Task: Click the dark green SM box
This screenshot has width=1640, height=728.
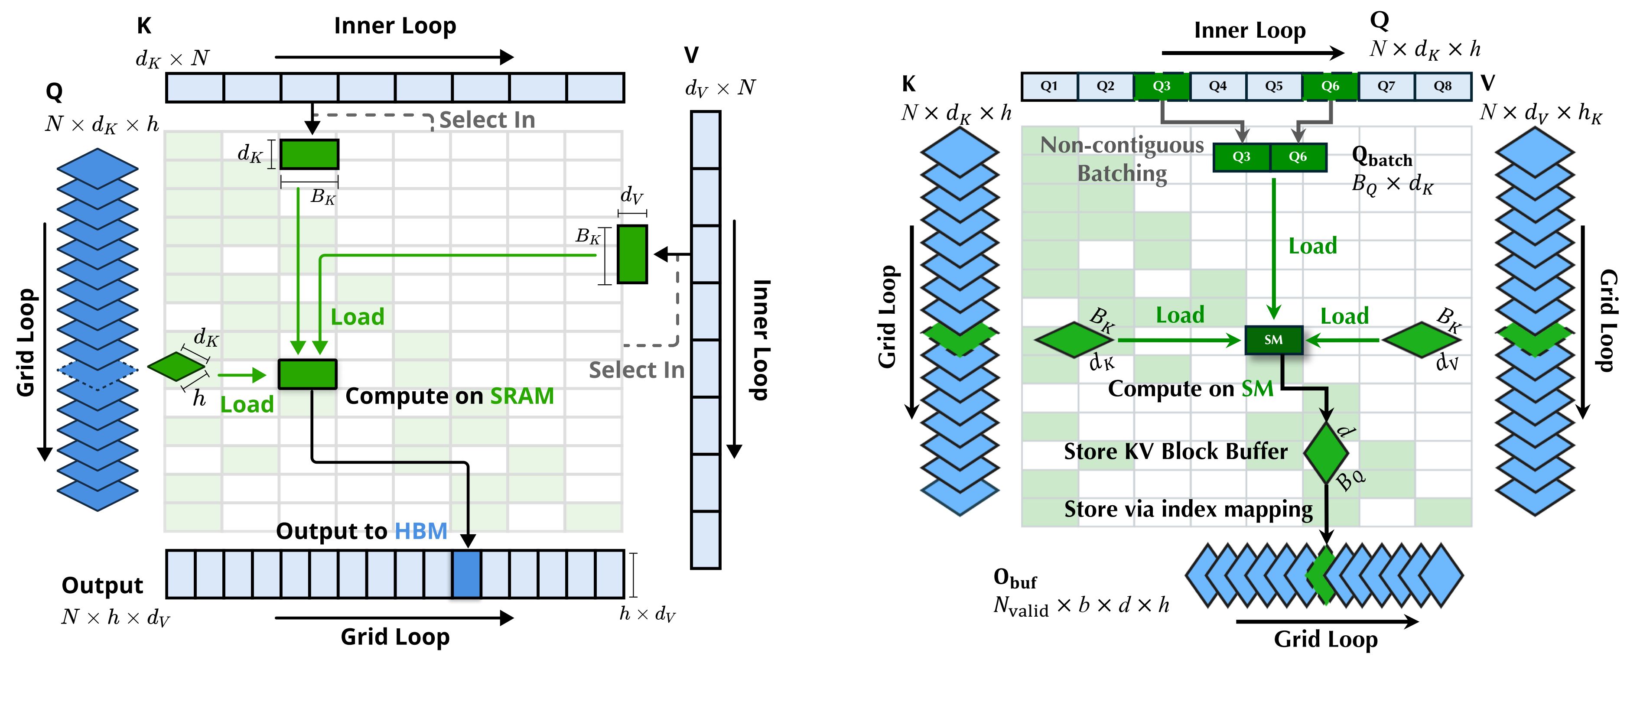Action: pyautogui.click(x=1273, y=340)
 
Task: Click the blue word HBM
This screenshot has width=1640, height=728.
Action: pyautogui.click(x=421, y=531)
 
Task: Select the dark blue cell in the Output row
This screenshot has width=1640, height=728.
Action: pyautogui.click(x=467, y=574)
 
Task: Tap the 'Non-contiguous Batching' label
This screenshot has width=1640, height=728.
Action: pyautogui.click(x=1122, y=159)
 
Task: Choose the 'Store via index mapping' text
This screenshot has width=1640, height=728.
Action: pyautogui.click(x=1188, y=509)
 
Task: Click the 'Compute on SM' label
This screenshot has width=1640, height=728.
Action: pyautogui.click(x=1191, y=389)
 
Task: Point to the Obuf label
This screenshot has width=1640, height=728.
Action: pyautogui.click(x=1015, y=578)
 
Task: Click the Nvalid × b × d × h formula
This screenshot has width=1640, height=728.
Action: pyautogui.click(x=1081, y=605)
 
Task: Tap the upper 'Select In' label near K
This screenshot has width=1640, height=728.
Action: pyautogui.click(x=487, y=120)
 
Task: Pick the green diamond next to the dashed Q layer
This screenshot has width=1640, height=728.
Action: pyautogui.click(x=176, y=367)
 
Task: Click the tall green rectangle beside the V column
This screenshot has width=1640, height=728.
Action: pyautogui.click(x=632, y=254)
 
